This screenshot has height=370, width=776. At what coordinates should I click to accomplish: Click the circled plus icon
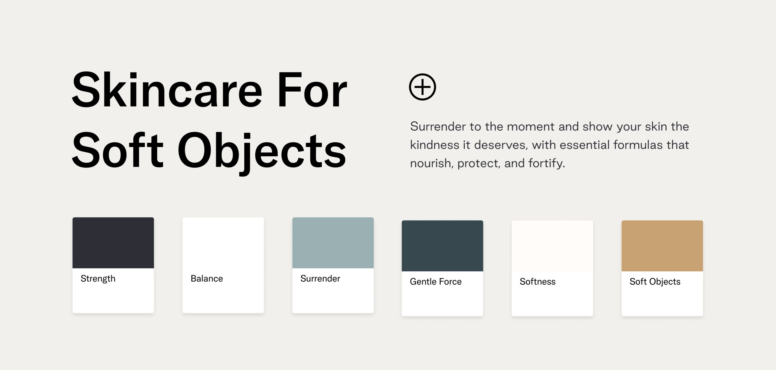422,87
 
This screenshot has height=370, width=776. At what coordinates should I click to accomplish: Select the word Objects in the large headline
262,152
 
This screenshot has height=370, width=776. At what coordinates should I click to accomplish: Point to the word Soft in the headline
118,150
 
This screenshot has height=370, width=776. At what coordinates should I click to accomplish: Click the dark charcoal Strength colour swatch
113,243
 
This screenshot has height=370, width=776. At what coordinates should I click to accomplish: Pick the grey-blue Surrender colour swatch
333,243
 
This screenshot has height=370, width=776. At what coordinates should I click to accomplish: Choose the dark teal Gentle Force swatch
442,246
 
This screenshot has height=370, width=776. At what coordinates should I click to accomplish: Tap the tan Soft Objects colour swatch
662,246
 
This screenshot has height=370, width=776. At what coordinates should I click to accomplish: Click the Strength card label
98,279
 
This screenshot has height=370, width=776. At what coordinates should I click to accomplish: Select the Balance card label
207,278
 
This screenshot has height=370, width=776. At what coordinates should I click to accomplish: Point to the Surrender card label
320,278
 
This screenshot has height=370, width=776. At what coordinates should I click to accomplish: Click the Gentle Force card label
436,281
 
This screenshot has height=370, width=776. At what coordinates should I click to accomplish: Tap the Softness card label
537,281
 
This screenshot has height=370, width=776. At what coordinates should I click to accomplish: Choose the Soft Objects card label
655,282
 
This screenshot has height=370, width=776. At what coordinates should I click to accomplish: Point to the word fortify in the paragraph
547,163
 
